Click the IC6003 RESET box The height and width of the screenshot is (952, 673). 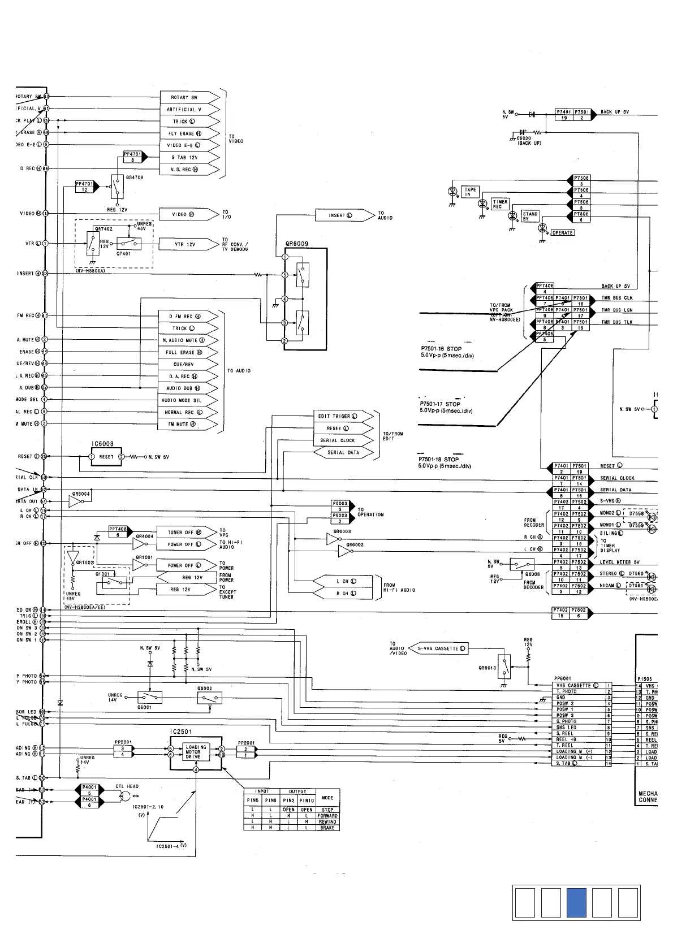(x=106, y=457)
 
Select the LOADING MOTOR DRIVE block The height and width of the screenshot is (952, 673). (x=196, y=752)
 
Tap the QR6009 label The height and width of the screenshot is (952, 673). (x=297, y=244)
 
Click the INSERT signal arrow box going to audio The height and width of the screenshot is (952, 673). (x=340, y=215)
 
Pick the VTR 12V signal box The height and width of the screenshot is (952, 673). (x=184, y=244)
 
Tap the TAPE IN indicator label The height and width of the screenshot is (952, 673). (x=471, y=192)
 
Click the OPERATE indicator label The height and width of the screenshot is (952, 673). (x=562, y=233)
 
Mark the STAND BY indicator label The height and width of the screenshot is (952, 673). (x=530, y=216)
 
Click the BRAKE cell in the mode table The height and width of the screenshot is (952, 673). (x=327, y=828)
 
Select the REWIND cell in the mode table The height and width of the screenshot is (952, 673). (x=327, y=822)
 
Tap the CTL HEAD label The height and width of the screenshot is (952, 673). (x=127, y=786)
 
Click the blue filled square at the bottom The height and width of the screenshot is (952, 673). (x=579, y=903)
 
